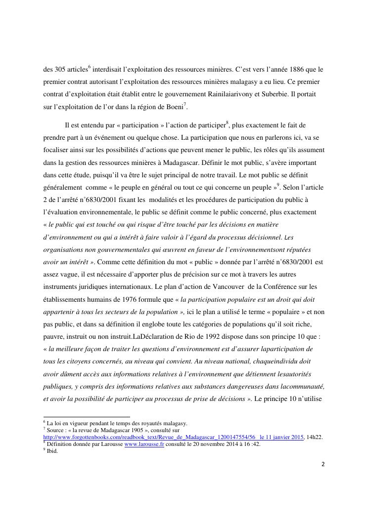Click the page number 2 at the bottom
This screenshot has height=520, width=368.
tap(322, 464)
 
